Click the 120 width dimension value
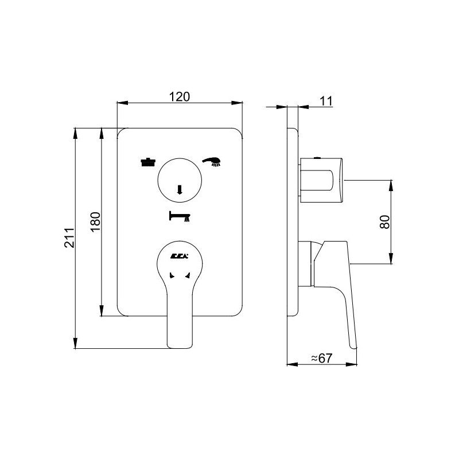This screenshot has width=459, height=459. point(180,96)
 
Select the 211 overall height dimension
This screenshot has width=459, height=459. point(69,238)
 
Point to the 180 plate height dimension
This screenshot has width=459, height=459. point(95,221)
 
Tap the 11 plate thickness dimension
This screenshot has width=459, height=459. point(326,102)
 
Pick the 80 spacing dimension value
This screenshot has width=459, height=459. point(384,222)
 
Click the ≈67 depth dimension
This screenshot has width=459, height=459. point(322,357)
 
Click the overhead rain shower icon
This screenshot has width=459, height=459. point(148,162)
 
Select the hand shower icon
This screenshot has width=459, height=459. point(212,162)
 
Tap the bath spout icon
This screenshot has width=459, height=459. point(180,216)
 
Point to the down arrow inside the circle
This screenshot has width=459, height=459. point(180,190)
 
